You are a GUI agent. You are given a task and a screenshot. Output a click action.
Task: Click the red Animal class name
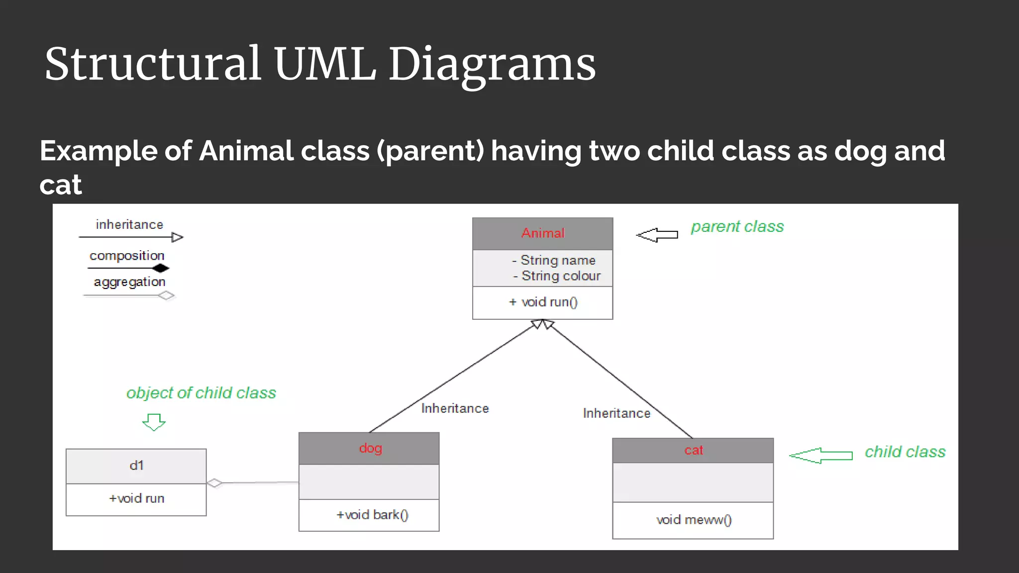pyautogui.click(x=543, y=233)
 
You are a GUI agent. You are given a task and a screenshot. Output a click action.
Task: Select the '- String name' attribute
pyautogui.click(x=554, y=260)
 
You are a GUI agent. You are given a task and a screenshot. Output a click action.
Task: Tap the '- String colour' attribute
pyautogui.click(x=557, y=276)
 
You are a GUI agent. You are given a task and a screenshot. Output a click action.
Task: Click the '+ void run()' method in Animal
pyautogui.click(x=543, y=302)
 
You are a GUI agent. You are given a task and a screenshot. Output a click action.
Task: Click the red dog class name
pyautogui.click(x=370, y=448)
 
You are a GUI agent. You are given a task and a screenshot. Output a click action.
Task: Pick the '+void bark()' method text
pyautogui.click(x=372, y=515)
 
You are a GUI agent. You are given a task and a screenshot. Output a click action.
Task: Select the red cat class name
pyautogui.click(x=693, y=451)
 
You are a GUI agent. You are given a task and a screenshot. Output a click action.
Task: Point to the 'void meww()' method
pyautogui.click(x=694, y=520)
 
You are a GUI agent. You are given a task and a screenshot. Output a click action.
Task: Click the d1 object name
pyautogui.click(x=136, y=466)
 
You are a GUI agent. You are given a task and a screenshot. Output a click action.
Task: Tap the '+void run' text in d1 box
pyautogui.click(x=136, y=498)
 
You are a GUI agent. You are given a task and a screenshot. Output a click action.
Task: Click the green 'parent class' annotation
pyautogui.click(x=737, y=227)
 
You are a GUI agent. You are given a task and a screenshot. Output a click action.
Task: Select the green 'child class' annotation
pyautogui.click(x=905, y=452)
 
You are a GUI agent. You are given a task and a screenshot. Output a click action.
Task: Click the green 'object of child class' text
pyautogui.click(x=201, y=393)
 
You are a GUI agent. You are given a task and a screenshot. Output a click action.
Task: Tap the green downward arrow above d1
pyautogui.click(x=154, y=422)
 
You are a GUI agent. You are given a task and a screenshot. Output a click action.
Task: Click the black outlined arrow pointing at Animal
pyautogui.click(x=657, y=235)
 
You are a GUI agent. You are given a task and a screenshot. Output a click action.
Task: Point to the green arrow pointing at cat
pyautogui.click(x=821, y=455)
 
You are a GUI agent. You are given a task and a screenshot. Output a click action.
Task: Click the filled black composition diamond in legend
pyautogui.click(x=161, y=269)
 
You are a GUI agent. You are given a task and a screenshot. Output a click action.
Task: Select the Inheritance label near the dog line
pyautogui.click(x=455, y=408)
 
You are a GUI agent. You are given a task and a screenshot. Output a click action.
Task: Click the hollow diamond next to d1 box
pyautogui.click(x=214, y=483)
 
